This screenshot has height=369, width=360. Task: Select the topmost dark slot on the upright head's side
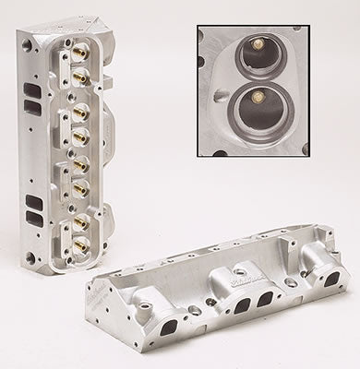click(35, 88)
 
